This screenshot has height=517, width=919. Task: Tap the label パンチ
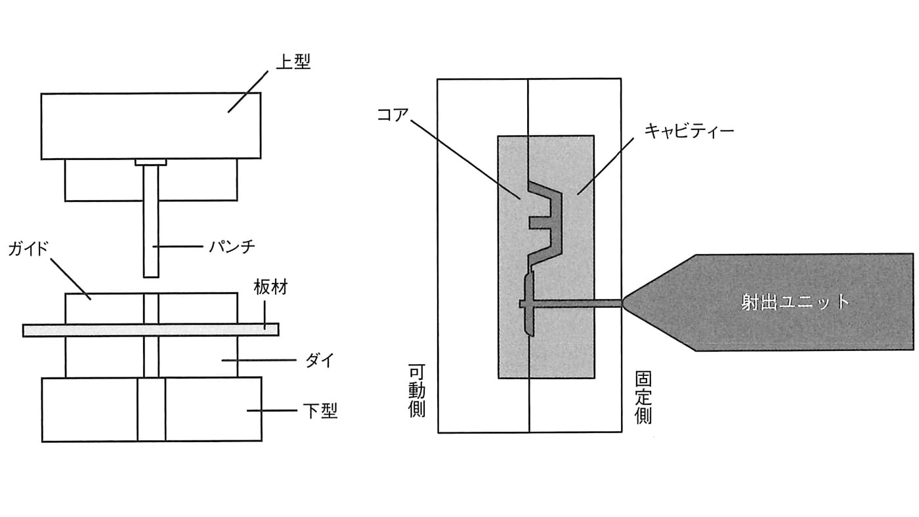230,247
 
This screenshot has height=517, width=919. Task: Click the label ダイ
320,360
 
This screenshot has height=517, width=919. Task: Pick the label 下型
320,411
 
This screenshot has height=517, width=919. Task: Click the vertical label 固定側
643,398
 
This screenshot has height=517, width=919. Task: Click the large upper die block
150,125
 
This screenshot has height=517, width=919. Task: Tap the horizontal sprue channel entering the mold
578,303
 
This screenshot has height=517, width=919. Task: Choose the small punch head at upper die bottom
151,161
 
